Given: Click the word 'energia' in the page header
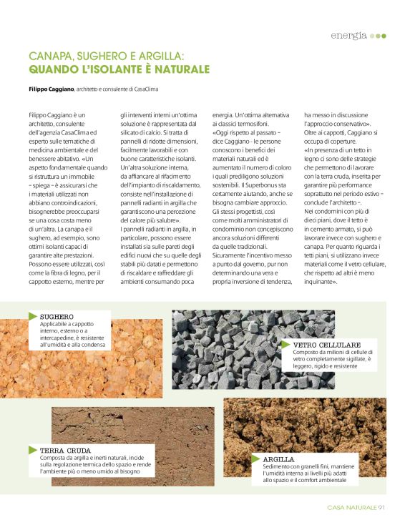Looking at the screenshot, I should [348, 35].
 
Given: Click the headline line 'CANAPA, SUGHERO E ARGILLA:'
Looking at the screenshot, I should [107, 56].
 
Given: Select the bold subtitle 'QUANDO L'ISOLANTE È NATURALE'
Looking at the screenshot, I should [119, 69].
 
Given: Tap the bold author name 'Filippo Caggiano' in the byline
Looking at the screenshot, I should [52, 89].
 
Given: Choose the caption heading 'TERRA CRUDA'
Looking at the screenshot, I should [66, 450].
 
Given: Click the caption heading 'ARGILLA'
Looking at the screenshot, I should [277, 458].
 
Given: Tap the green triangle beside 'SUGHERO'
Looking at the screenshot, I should [32, 316].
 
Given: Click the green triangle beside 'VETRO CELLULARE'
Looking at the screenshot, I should [286, 344].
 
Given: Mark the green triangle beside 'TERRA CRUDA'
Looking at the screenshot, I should [32, 450].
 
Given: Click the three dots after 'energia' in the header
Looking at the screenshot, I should [379, 35].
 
